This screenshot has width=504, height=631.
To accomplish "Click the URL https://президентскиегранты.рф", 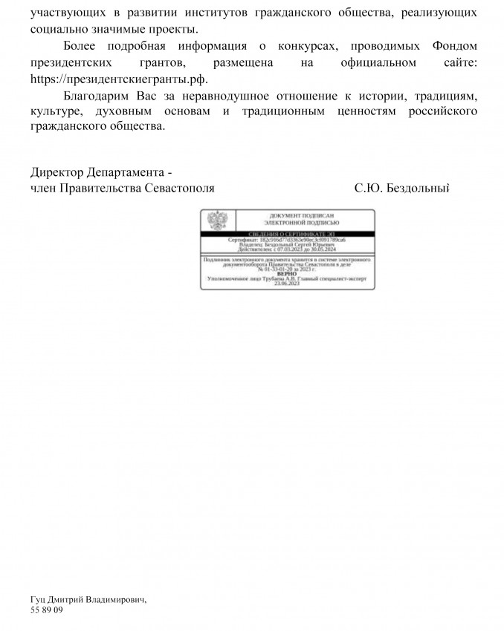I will tap(119, 79).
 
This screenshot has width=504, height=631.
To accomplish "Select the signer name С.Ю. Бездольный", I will tap(403, 189).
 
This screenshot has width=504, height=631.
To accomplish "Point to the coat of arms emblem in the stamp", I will tap(217, 220).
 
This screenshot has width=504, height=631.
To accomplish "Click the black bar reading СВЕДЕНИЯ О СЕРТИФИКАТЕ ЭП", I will tap(287, 234).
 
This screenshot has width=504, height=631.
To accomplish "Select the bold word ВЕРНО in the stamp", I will tap(287, 274).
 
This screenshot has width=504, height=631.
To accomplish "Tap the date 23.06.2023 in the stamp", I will tap(287, 284).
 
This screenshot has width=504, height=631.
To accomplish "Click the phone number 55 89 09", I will tap(47, 609).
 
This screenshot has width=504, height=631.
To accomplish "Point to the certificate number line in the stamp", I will tap(287, 241).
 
